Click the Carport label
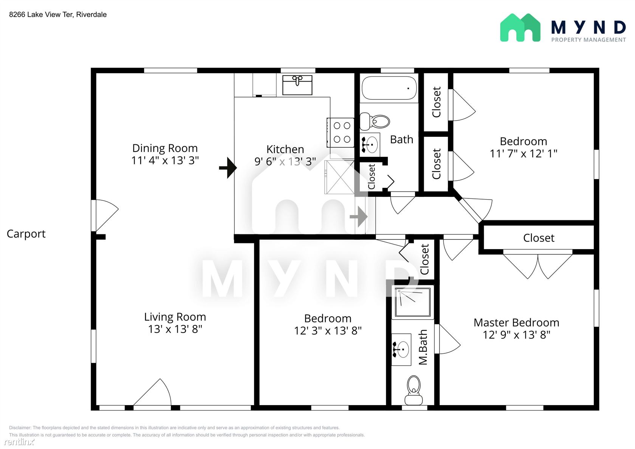pyautogui.click(x=26, y=234)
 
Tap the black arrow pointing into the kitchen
pyautogui.click(x=228, y=168)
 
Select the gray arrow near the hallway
pyautogui.click(x=359, y=217)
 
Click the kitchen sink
pyautogui.click(x=297, y=85)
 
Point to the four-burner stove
pyautogui.click(x=341, y=132)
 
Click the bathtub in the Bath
pyautogui.click(x=389, y=88)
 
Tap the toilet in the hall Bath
pyautogui.click(x=375, y=121)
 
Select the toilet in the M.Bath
pyautogui.click(x=414, y=390)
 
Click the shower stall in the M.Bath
pyautogui.click(x=413, y=302)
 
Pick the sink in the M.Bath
pyautogui.click(x=401, y=350)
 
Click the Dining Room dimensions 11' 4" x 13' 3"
pyautogui.click(x=165, y=160)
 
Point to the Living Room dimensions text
pyautogui.click(x=175, y=329)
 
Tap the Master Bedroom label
pyautogui.click(x=516, y=323)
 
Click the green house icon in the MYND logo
pyautogui.click(x=520, y=28)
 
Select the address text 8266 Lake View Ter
pyautogui.click(x=42, y=14)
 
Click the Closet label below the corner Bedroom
pyautogui.click(x=539, y=238)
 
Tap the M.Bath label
pyautogui.click(x=423, y=347)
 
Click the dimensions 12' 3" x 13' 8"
pyautogui.click(x=328, y=331)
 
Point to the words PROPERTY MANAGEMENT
pyautogui.click(x=589, y=40)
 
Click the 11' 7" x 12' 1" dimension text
pyautogui.click(x=523, y=153)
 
